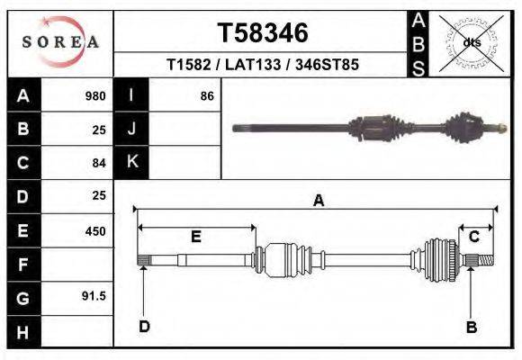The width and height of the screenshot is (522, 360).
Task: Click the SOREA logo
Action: (60, 42)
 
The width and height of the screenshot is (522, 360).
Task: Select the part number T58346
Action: (263, 33)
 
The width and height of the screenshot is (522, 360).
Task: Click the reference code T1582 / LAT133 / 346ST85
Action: (263, 66)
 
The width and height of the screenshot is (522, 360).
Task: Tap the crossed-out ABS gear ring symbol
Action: (471, 42)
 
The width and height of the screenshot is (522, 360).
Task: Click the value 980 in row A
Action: (94, 96)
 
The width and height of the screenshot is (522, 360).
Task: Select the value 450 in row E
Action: (94, 231)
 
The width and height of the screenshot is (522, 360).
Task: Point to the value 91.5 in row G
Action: (94, 296)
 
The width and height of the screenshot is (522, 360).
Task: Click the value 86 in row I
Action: (206, 96)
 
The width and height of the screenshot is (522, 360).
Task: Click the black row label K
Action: (131, 162)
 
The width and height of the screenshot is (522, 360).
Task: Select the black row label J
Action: (131, 129)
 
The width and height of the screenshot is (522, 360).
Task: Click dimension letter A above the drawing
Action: (318, 202)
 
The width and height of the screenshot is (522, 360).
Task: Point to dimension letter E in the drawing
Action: (195, 237)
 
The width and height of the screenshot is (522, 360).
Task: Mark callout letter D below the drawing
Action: (144, 327)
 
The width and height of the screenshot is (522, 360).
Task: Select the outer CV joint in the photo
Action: (471, 127)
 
